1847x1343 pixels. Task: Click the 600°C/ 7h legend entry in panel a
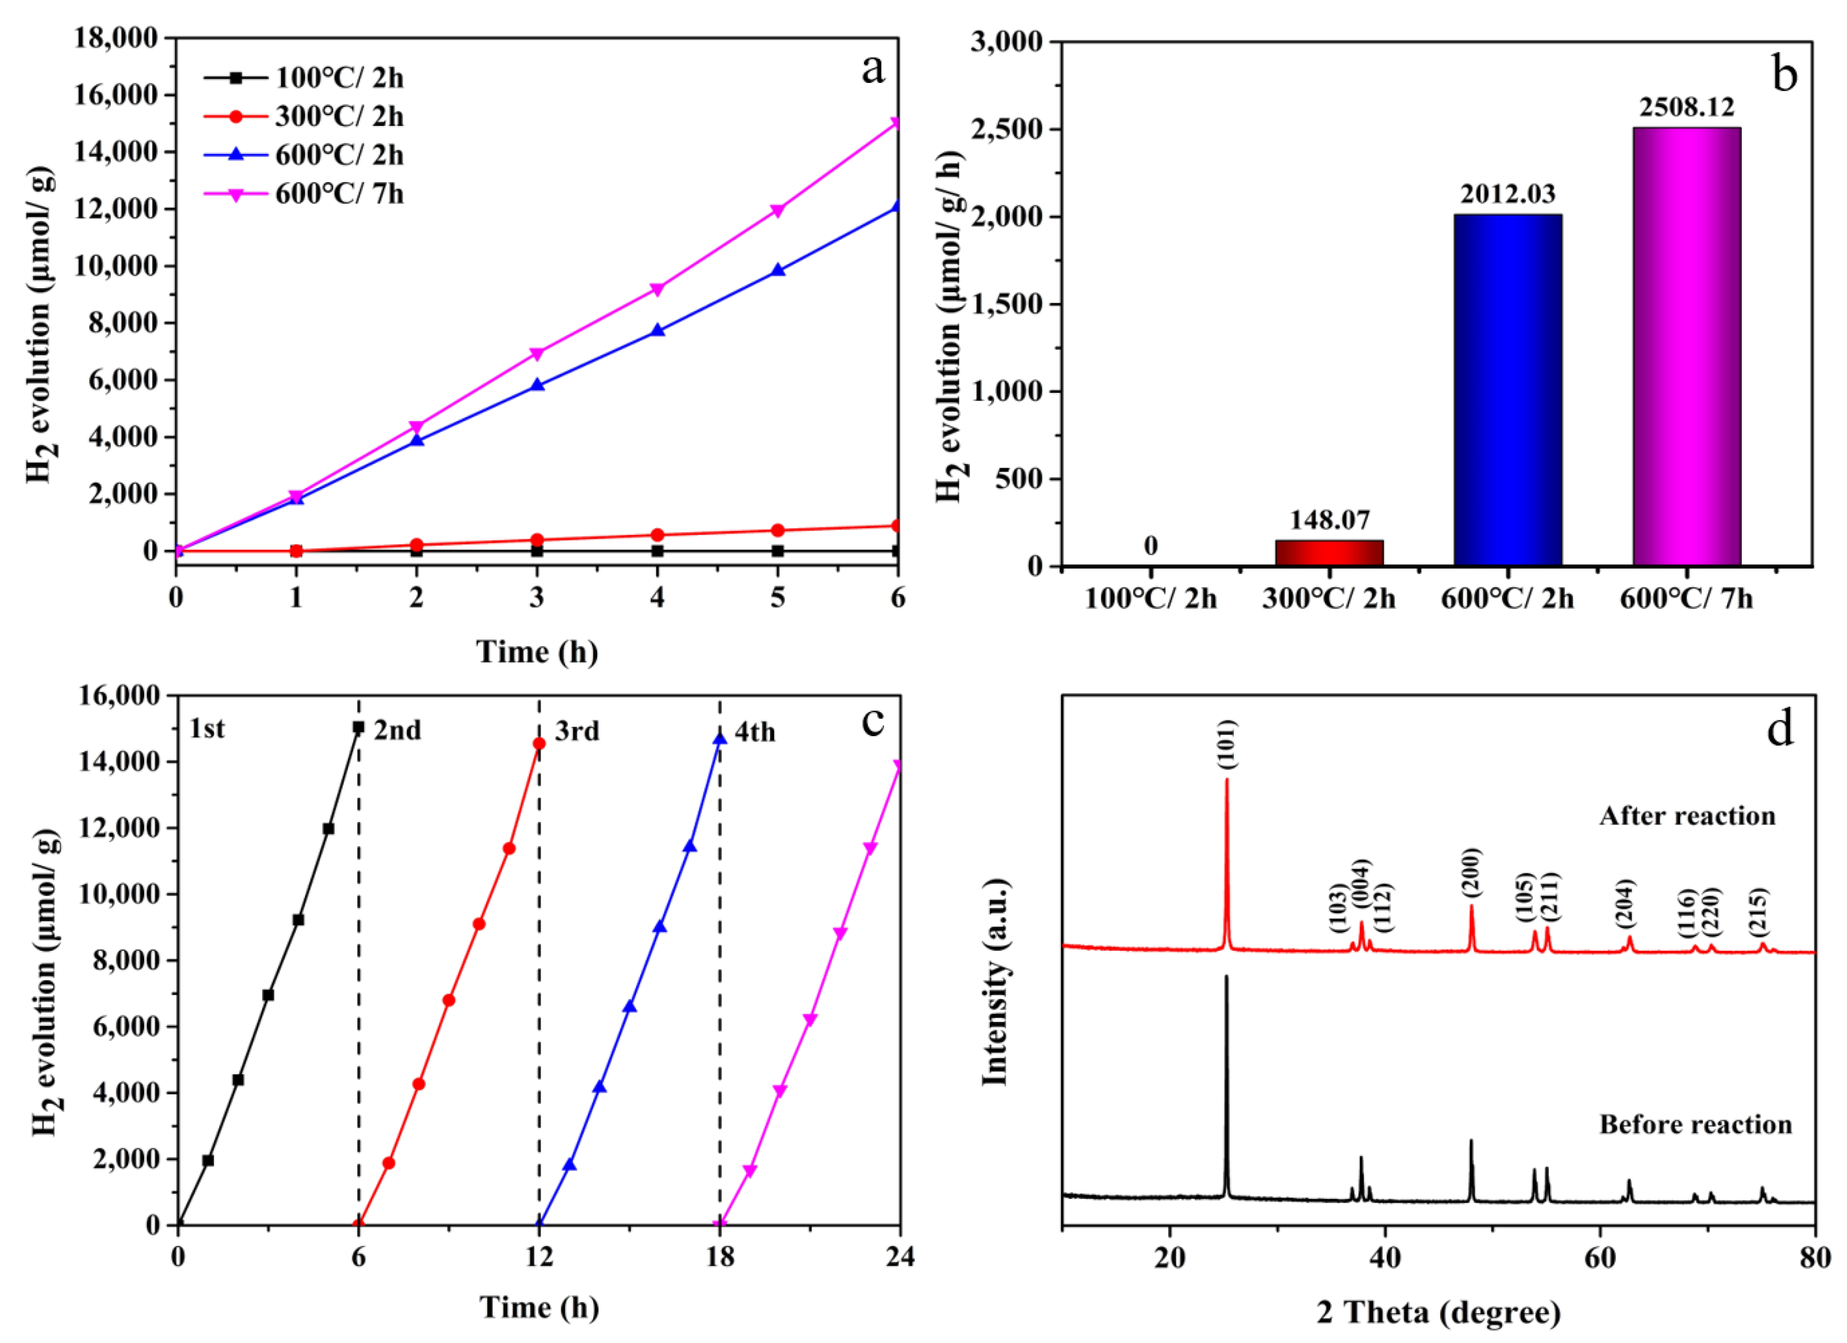tap(338, 195)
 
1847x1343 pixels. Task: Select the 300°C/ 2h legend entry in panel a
tap(338, 117)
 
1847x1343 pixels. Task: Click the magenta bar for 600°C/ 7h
tap(1687, 346)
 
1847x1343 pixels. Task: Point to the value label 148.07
tap(1329, 520)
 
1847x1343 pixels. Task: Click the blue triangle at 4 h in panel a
tap(658, 330)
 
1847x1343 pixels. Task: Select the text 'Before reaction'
tap(1695, 1125)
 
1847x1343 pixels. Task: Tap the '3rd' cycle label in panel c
tap(577, 731)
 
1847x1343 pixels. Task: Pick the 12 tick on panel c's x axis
tap(538, 1258)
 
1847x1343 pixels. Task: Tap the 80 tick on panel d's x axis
tap(1815, 1258)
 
